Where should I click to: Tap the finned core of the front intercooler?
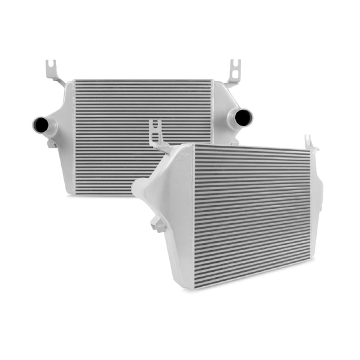coord(252,211)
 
